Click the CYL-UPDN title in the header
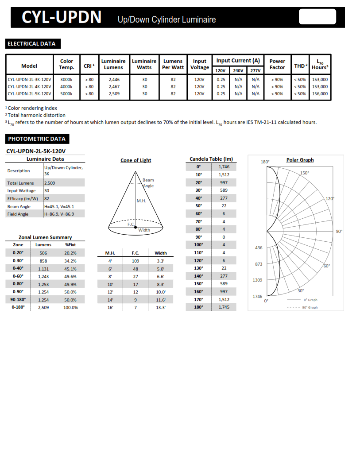(x=62, y=17)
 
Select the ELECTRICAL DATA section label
(x=31, y=44)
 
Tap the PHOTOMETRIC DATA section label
(x=37, y=139)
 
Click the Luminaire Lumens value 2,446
(x=114, y=80)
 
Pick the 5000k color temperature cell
(x=66, y=94)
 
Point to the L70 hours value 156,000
(x=320, y=94)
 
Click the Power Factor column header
(x=277, y=64)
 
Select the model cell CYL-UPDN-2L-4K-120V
(x=29, y=87)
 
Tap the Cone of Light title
(x=135, y=160)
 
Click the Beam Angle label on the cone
(x=148, y=183)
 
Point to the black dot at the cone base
(x=135, y=227)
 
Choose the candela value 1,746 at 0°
(x=224, y=167)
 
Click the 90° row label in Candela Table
(x=198, y=237)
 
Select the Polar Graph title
(x=300, y=160)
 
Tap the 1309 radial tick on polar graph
(x=257, y=280)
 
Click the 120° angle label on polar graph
(x=330, y=199)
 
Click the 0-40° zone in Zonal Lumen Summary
(x=18, y=268)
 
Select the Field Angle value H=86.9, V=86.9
(x=59, y=214)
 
